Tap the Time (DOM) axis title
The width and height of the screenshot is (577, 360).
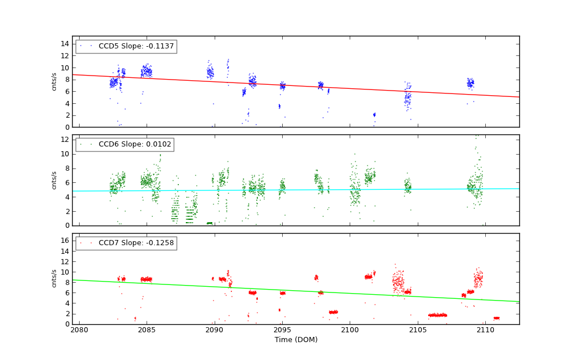click(x=295, y=340)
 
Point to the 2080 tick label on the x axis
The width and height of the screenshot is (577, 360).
click(x=79, y=329)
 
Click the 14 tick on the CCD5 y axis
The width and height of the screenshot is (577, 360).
click(x=65, y=44)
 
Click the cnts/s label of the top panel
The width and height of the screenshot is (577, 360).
click(x=54, y=81)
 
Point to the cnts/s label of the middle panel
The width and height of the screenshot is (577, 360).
click(x=54, y=180)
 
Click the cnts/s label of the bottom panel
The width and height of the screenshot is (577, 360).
click(x=54, y=279)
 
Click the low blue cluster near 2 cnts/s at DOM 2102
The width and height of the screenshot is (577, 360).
click(x=374, y=115)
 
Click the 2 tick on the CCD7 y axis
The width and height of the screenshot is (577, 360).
click(x=67, y=313)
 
